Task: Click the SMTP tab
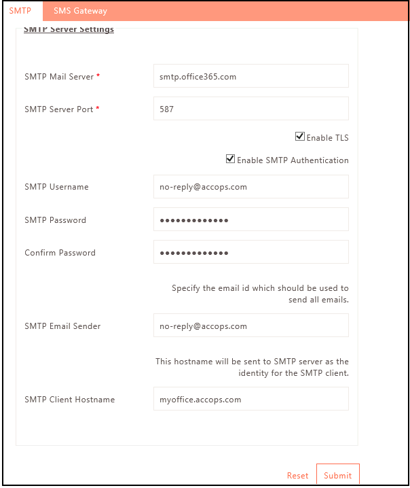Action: tap(20, 11)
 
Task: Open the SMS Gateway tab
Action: tap(80, 11)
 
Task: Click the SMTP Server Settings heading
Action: tap(69, 30)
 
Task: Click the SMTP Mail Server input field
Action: tap(250, 77)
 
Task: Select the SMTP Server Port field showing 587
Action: tap(250, 109)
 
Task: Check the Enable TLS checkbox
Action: tap(300, 137)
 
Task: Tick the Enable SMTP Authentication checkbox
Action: tap(231, 160)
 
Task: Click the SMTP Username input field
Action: tap(250, 187)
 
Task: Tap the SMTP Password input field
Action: tap(250, 220)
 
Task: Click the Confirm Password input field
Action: tap(250, 252)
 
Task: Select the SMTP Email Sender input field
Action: tap(250, 326)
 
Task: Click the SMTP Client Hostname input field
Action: tap(250, 399)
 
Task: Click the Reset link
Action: tap(297, 476)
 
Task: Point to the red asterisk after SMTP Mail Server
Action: tap(98, 76)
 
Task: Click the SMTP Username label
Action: tap(56, 187)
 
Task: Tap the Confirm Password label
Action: tap(60, 253)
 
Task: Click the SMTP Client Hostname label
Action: tap(69, 400)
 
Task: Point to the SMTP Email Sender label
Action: tap(62, 326)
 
